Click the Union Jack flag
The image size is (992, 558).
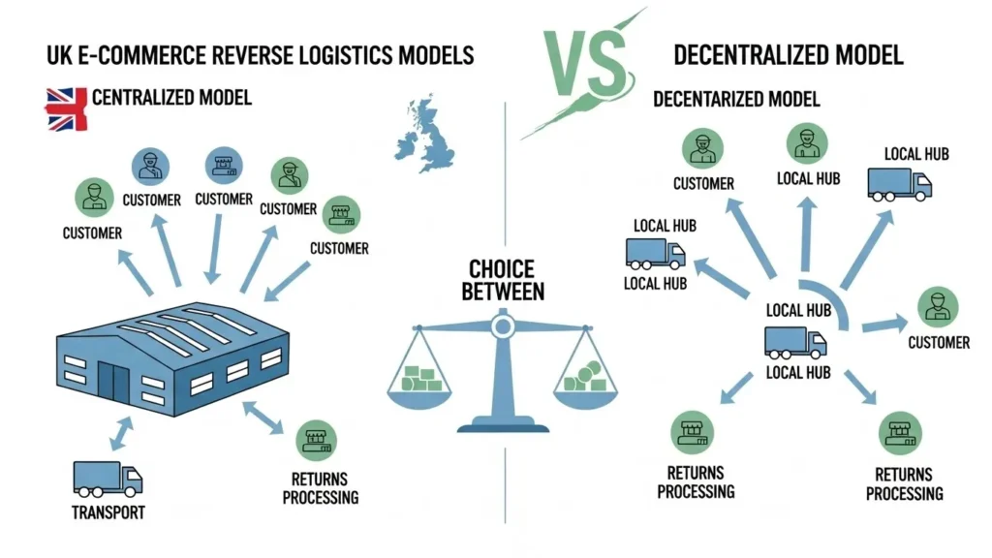pos(66,108)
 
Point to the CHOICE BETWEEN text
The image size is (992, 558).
pos(503,279)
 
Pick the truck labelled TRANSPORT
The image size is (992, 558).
pos(107,479)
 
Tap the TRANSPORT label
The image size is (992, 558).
pos(108,512)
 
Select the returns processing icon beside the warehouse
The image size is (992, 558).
pos(316,440)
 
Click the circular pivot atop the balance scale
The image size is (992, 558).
pos(502,326)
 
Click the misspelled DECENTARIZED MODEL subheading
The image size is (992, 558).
pos(735,100)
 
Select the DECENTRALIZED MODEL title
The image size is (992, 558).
pos(788,54)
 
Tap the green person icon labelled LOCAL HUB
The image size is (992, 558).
pos(808,144)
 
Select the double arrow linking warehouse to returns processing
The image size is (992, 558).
pos(263,417)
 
